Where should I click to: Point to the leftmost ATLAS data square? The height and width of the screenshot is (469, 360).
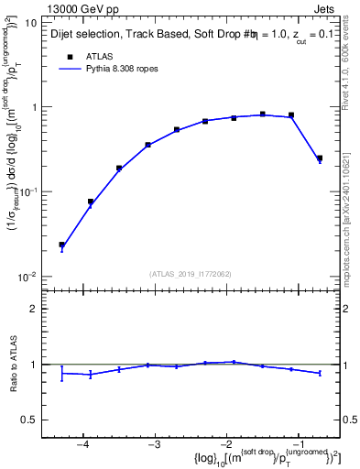(61, 245)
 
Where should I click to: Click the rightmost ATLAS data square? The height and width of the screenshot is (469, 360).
(319, 158)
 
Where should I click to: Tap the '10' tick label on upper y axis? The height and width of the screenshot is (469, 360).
(30, 22)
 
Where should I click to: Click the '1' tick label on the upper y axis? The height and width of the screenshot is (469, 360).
(34, 107)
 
